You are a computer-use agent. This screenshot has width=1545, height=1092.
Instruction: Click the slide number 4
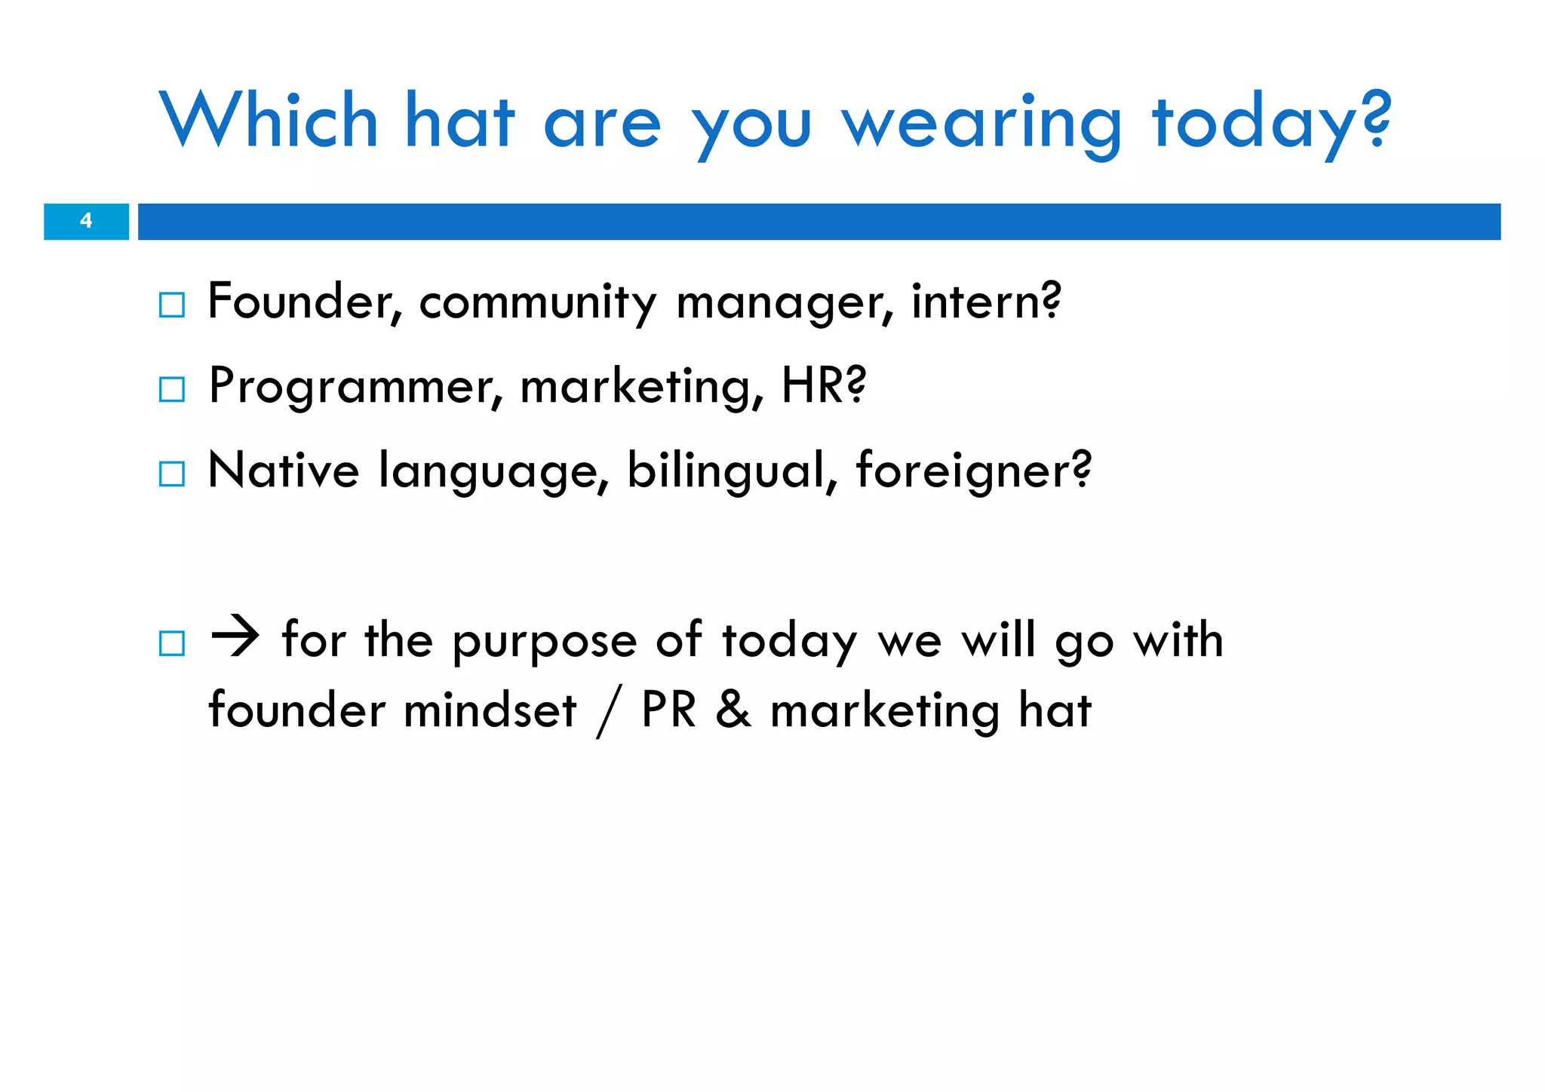click(86, 221)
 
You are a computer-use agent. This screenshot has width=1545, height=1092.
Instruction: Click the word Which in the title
click(269, 121)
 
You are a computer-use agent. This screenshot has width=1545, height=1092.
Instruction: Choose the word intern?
click(986, 302)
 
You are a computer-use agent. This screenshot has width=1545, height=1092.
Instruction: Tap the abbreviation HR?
click(824, 385)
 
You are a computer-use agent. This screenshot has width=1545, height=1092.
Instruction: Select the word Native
click(283, 471)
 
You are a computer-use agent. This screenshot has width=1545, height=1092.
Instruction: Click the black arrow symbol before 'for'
click(235, 638)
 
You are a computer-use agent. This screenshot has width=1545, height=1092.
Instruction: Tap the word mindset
click(490, 711)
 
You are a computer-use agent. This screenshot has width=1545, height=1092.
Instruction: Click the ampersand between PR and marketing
click(733, 711)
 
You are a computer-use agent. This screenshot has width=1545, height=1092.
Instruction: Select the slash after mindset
click(608, 713)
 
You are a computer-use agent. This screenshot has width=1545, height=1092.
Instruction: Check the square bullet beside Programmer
click(172, 390)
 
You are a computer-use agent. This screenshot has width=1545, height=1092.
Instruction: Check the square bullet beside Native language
click(172, 474)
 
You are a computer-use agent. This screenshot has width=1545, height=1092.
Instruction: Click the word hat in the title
click(460, 121)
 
